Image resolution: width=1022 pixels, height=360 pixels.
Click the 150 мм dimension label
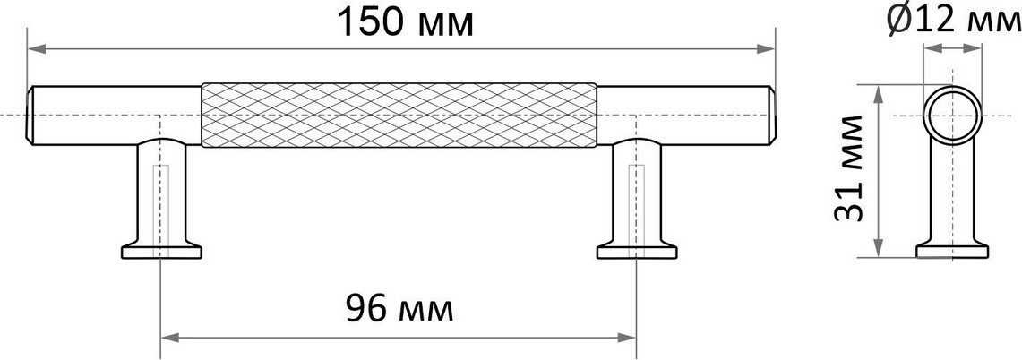click(404, 23)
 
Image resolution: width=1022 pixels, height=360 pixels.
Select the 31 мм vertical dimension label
click(849, 168)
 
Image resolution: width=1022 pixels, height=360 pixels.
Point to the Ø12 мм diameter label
click(954, 22)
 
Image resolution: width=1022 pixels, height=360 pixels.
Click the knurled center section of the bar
click(399, 115)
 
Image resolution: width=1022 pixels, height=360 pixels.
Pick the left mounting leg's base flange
click(161, 252)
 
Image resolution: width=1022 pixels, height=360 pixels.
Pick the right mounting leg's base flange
click(637, 252)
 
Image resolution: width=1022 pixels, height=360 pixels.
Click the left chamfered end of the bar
click(30, 115)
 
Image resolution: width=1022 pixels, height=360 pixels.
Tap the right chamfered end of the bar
click(772, 115)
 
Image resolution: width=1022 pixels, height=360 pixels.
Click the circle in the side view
click(952, 88)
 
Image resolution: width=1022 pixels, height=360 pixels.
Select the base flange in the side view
click(952, 251)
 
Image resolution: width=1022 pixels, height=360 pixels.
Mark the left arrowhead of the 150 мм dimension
click(36, 49)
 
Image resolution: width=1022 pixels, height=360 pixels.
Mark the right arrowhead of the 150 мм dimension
click(766, 49)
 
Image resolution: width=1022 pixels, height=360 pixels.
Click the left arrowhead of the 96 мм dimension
click(170, 338)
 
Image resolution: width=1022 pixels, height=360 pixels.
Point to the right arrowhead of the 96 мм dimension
click(627, 338)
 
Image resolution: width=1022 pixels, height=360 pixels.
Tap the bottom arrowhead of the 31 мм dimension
click(879, 248)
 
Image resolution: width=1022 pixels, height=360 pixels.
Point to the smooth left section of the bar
click(117, 115)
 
